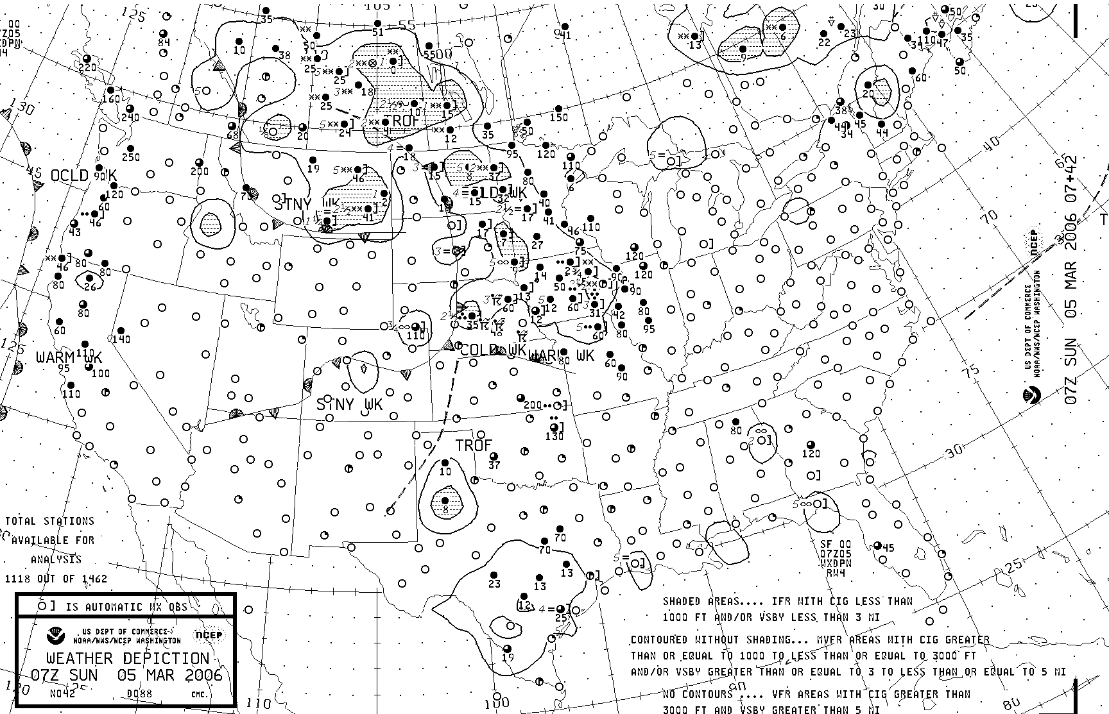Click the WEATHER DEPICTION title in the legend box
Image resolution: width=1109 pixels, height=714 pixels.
128,659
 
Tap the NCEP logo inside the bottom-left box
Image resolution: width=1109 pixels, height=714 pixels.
208,636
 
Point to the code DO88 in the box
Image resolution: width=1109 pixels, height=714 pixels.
139,693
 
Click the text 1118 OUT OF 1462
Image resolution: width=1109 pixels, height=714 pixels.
56,579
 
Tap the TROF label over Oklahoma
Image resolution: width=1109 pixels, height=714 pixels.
473,445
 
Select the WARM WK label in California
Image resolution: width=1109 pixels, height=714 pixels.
69,357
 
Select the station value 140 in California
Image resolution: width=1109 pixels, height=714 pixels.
121,339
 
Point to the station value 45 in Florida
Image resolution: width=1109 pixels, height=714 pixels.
888,547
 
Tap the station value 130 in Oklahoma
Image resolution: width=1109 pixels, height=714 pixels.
554,436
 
